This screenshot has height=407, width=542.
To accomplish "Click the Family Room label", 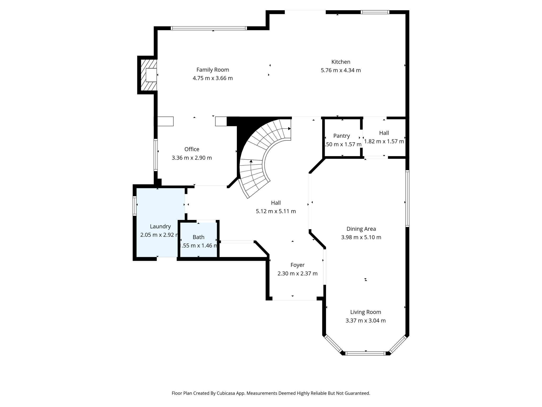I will point(213,70).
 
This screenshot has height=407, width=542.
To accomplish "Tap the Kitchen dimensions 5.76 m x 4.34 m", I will point(341,70).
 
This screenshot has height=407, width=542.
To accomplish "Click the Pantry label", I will point(341,136).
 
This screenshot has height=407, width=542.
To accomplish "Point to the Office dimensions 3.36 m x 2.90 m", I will point(192,158).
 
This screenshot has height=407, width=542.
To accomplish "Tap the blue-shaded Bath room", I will point(198,240).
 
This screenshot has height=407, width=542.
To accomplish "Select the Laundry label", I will point(160,226).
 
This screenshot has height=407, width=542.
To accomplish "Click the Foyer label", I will point(297,265).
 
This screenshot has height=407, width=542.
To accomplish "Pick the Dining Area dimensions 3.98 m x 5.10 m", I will point(361,237).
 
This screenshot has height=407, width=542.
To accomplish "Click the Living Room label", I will point(365,312).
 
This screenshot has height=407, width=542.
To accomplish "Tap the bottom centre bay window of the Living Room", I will point(365,353).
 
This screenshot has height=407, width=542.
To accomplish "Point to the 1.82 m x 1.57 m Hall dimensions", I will point(384,141).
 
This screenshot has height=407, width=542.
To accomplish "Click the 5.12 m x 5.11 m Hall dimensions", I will point(276,211).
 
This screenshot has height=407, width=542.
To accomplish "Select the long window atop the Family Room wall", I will point(209,28).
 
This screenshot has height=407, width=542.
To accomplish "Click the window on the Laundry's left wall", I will point(134,206).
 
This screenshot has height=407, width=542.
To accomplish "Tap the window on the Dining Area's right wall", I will point(407,198).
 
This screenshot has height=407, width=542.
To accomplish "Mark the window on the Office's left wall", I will point(156,155).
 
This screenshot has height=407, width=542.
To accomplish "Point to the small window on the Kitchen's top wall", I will point(375,12).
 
